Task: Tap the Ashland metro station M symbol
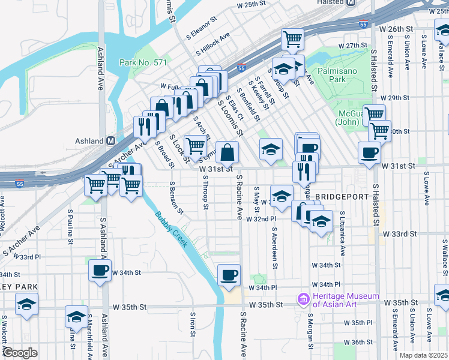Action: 110,140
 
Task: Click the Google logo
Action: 20,352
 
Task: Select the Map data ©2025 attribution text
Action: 424,355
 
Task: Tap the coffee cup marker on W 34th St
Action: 100,270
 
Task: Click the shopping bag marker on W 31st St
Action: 227,152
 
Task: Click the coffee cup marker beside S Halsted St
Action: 369,152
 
